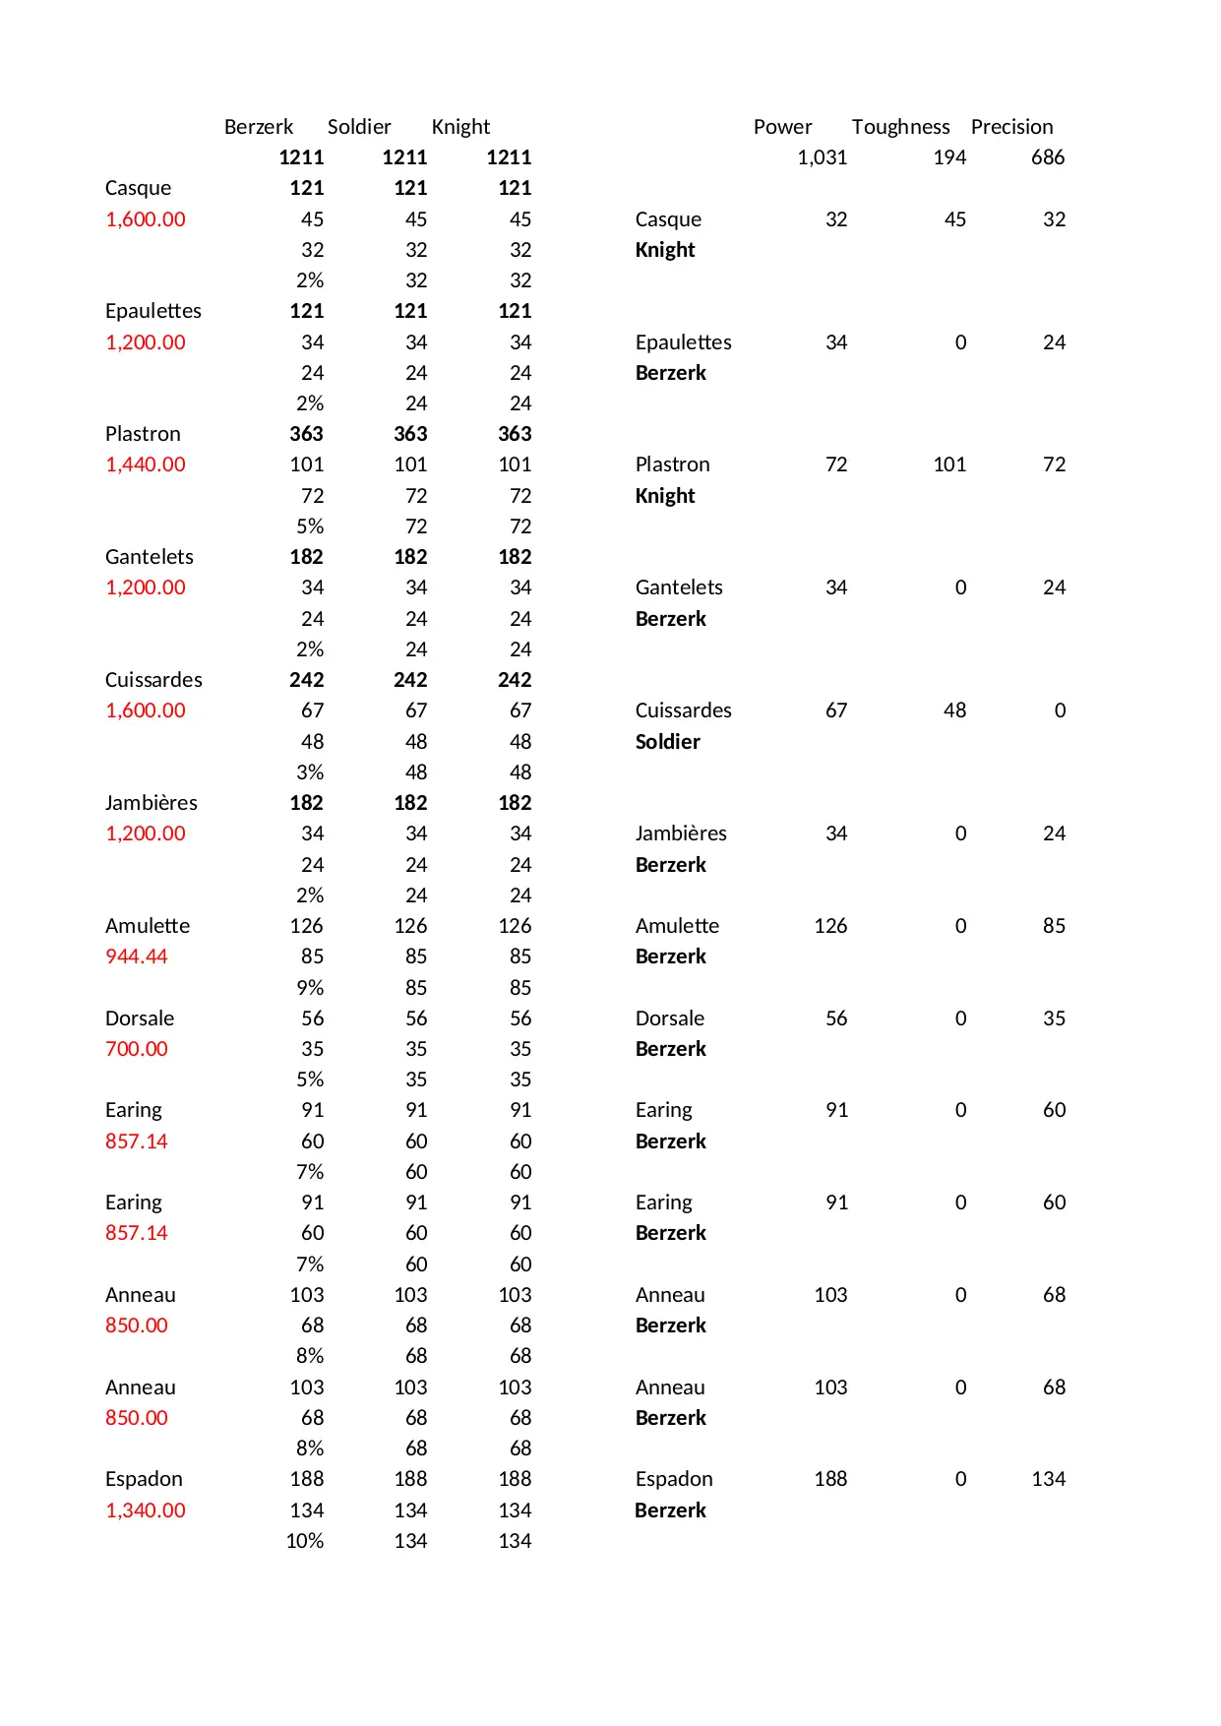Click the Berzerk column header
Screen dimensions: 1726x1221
pos(258,127)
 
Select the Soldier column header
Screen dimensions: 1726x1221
pos(359,127)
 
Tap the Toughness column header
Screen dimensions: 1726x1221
pos(900,127)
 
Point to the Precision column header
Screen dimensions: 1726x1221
pos(1011,127)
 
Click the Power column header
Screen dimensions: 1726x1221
pos(782,127)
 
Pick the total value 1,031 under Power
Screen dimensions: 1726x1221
pos(822,157)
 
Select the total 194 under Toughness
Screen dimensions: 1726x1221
pos(949,157)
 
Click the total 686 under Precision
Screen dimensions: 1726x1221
pos(1048,157)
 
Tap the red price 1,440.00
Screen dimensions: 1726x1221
pos(146,464)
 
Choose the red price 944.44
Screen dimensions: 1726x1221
pos(137,956)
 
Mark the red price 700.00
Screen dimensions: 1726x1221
pos(137,1049)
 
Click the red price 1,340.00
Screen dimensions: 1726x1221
pos(146,1510)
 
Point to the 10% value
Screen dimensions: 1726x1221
pos(305,1541)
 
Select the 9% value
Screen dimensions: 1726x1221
pos(310,988)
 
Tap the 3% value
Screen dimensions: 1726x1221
pos(310,772)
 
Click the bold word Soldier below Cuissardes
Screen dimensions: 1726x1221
pos(667,742)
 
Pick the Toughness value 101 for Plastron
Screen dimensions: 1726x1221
pos(949,464)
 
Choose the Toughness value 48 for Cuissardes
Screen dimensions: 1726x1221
pos(954,710)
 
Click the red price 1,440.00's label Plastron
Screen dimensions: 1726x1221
pos(143,434)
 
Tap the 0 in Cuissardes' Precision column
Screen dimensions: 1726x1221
pos(1060,710)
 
